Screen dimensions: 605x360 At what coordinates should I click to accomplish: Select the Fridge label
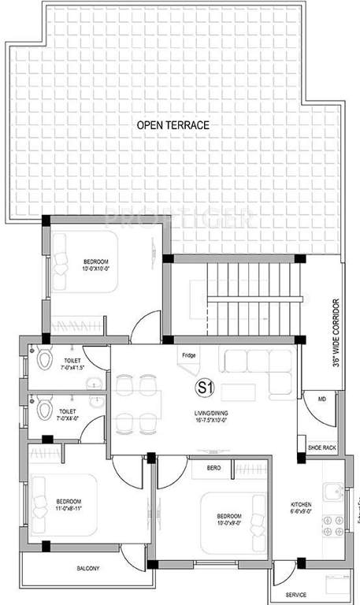(188, 354)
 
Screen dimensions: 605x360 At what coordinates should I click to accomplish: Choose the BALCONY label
(87, 567)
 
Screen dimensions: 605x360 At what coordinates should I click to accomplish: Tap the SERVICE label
(297, 595)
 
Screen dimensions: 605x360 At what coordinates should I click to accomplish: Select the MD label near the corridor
(321, 400)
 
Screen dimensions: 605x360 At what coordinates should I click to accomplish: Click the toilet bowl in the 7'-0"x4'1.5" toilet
(44, 362)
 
